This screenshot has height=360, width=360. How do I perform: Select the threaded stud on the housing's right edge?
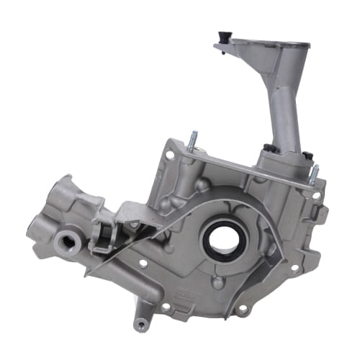click(314, 174)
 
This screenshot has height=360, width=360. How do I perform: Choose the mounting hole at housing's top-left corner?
click(169, 154)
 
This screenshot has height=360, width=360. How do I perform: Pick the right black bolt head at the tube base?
click(307, 154)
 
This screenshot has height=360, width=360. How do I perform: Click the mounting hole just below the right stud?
click(314, 195)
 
